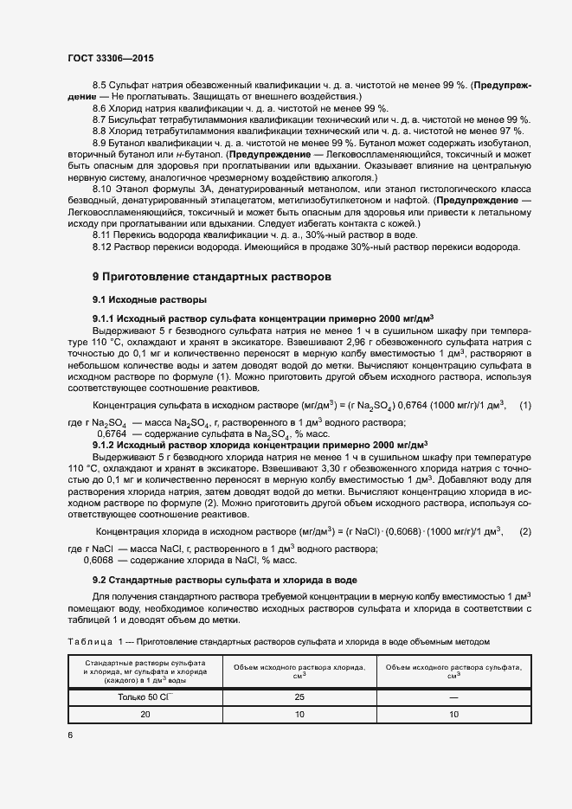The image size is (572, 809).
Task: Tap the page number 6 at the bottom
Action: pos(70,734)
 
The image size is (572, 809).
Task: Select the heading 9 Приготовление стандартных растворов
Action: pos(211,277)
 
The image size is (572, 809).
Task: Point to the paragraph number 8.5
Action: pos(100,85)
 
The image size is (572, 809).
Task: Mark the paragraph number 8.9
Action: pos(100,142)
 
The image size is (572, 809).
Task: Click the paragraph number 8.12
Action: pos(102,247)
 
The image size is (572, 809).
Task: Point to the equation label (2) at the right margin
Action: pos(524,530)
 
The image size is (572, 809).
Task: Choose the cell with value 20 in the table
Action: pos(144,715)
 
